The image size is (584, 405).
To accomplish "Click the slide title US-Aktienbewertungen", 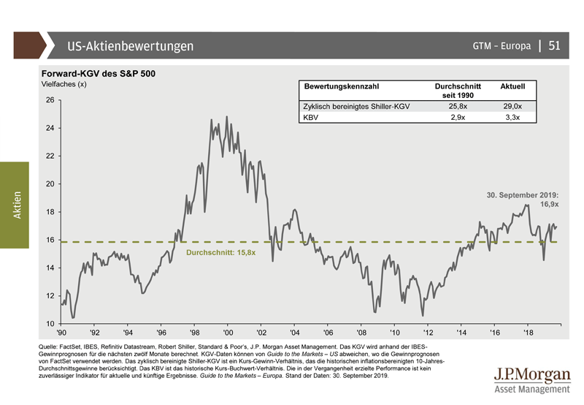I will [131, 46].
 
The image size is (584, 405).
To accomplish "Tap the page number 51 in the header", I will [553, 46].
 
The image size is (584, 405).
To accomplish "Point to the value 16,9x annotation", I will [549, 205].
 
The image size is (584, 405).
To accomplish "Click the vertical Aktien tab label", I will [17, 205].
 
